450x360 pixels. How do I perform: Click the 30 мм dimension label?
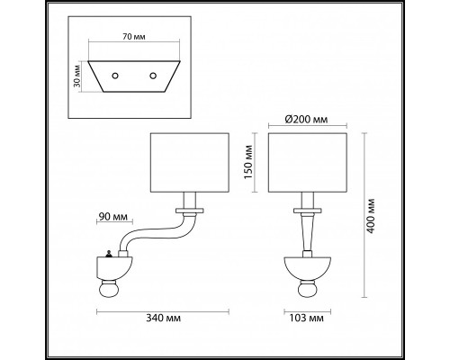click(x=80, y=75)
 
